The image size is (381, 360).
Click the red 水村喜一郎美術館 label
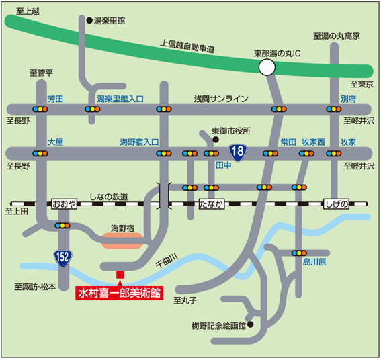[x=120, y=293]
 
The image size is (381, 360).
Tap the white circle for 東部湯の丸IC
[x=267, y=66]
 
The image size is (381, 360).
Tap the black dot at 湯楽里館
[x=89, y=21]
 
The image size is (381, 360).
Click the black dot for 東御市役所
[x=215, y=140]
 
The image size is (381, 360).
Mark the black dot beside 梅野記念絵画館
[x=250, y=326]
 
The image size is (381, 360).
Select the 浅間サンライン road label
[x=221, y=98]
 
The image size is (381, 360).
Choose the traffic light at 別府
[x=333, y=109]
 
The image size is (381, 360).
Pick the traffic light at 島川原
[x=299, y=253]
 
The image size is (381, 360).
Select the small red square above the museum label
[x=120, y=275]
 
